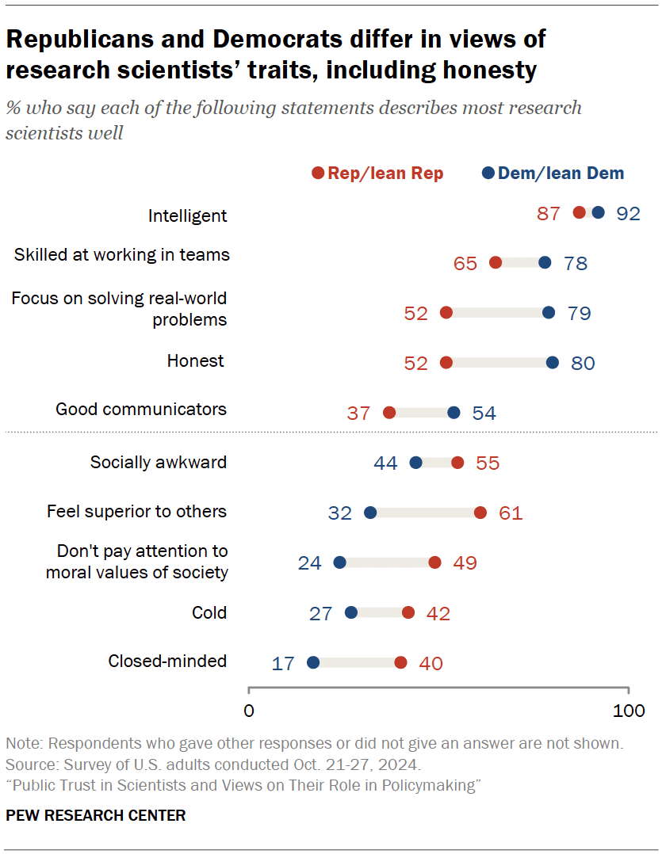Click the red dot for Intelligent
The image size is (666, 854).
tap(580, 212)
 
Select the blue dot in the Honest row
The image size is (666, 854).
tap(553, 363)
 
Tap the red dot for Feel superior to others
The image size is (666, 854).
tap(480, 513)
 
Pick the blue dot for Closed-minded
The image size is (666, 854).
tap(313, 662)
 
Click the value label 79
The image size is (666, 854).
tap(580, 313)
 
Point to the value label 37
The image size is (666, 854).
tap(359, 413)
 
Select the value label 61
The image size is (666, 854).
tap(511, 513)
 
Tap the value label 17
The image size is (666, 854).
tap(283, 662)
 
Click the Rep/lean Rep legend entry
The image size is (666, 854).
tap(378, 173)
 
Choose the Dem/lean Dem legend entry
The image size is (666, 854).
tap(553, 173)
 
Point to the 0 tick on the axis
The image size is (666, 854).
tap(249, 711)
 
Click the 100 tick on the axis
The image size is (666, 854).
tap(629, 711)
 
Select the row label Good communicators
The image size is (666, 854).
tap(141, 410)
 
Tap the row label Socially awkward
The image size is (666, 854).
tap(159, 462)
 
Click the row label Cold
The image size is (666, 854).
tap(209, 612)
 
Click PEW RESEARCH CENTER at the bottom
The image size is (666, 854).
tap(96, 815)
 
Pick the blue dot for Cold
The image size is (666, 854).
tap(351, 612)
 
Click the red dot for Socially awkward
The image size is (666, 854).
tap(457, 463)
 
